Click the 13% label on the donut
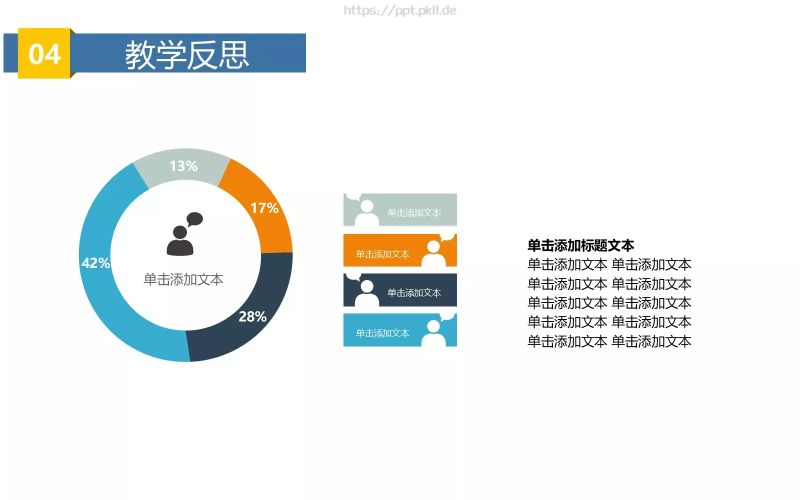183,166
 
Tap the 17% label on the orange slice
264,208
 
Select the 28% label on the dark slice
252,316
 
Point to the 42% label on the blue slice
95,263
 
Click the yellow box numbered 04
44,53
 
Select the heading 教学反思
187,54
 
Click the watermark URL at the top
400,10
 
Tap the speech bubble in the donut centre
194,219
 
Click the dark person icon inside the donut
179,241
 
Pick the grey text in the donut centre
183,279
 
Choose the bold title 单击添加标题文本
580,245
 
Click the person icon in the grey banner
367,213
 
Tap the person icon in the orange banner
433,253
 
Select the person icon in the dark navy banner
367,293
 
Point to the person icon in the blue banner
433,332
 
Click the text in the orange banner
382,254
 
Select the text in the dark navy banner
414,293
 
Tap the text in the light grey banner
414,213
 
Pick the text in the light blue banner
382,333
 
